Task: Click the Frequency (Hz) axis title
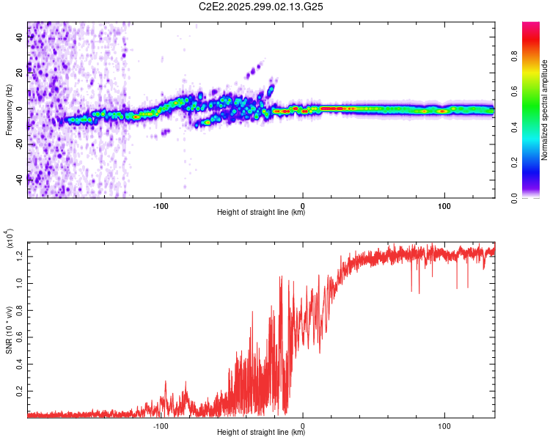pyautogui.click(x=9, y=109)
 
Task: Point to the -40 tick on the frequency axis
pyautogui.click(x=19, y=179)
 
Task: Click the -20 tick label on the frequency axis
pyautogui.click(x=19, y=144)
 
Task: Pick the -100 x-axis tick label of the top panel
pyautogui.click(x=161, y=205)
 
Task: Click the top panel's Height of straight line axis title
pyautogui.click(x=261, y=213)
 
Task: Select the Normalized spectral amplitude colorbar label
pyautogui.click(x=545, y=110)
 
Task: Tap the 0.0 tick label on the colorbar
pyautogui.click(x=533, y=197)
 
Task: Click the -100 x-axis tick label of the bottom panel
pyautogui.click(x=161, y=425)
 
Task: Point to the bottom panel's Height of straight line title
pyautogui.click(x=261, y=433)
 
